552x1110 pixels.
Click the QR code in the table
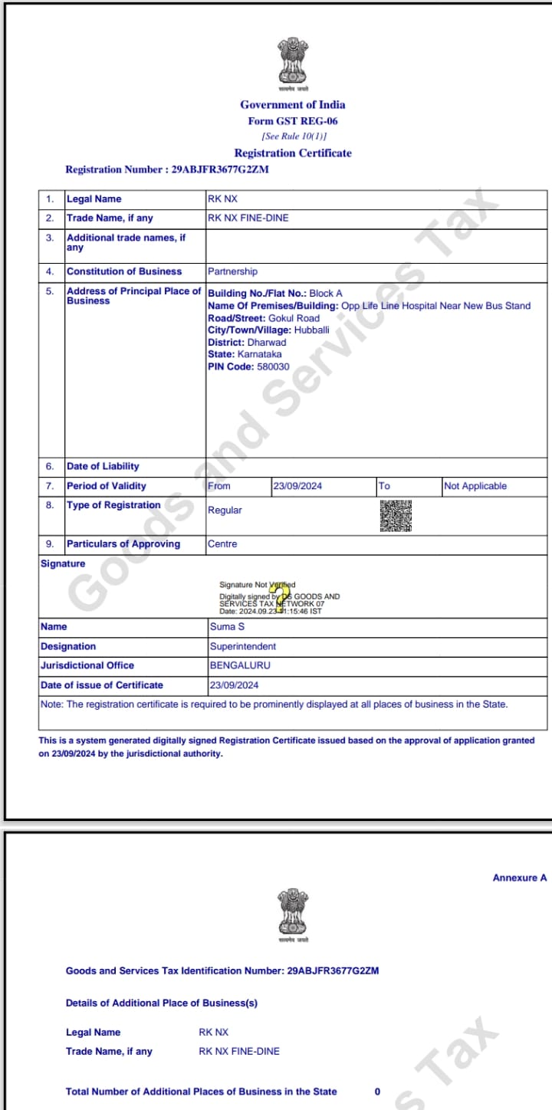pyautogui.click(x=396, y=516)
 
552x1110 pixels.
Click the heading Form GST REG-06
pyautogui.click(x=293, y=121)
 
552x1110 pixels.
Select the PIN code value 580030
pyautogui.click(x=273, y=367)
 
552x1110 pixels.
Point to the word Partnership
pyautogui.click(x=232, y=271)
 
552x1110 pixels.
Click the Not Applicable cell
pyautogui.click(x=475, y=486)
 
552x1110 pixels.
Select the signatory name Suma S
pyautogui.click(x=228, y=627)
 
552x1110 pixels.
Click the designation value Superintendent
pyautogui.click(x=243, y=646)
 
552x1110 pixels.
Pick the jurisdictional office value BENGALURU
pyautogui.click(x=240, y=665)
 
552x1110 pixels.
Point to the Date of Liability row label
pyautogui.click(x=103, y=466)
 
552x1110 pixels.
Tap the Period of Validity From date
pyautogui.click(x=297, y=486)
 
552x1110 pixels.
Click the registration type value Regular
pyautogui.click(x=225, y=510)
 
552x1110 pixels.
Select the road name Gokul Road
pyautogui.click(x=294, y=318)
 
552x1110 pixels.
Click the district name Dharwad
pyautogui.click(x=267, y=343)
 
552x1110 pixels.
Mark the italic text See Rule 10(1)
pyautogui.click(x=293, y=136)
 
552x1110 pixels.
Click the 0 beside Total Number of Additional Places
pyautogui.click(x=377, y=1092)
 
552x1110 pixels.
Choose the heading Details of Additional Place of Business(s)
pyautogui.click(x=162, y=1003)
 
